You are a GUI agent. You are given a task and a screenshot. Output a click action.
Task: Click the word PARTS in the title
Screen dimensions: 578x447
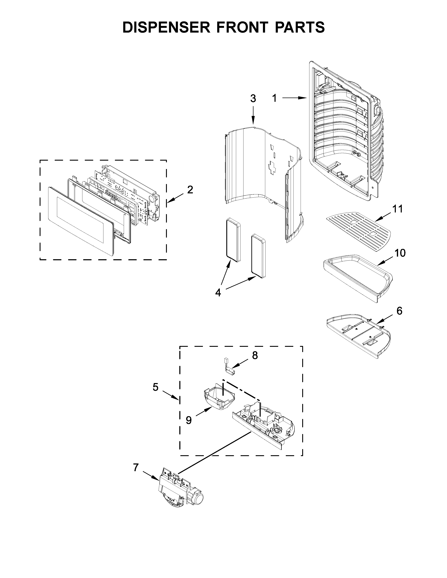click(300, 27)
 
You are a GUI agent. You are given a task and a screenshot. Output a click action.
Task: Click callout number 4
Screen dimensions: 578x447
click(218, 293)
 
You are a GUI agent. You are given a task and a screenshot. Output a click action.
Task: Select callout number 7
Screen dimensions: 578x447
click(136, 468)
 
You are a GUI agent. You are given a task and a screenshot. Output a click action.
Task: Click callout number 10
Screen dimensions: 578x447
click(400, 253)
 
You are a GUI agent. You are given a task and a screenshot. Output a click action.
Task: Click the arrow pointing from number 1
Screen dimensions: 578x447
click(294, 98)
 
